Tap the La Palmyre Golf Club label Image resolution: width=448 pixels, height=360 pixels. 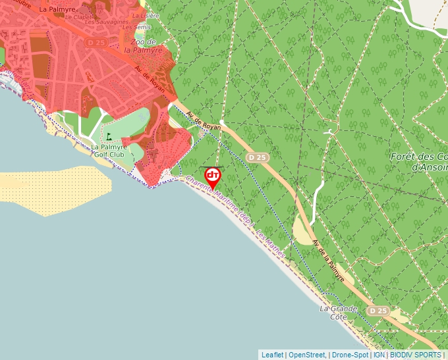point(108,151)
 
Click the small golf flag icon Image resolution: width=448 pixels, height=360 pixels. point(109,136)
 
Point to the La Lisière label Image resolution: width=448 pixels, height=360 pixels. point(146,14)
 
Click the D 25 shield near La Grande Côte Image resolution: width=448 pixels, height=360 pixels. point(378,310)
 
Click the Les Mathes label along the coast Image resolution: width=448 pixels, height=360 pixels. point(271,244)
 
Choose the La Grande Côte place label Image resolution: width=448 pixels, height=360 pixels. point(338,313)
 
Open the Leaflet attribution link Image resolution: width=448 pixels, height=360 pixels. point(272,355)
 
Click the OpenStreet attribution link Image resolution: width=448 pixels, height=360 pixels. point(307,355)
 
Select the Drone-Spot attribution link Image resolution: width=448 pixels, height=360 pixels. point(350,355)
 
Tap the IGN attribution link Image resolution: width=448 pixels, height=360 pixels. point(379,355)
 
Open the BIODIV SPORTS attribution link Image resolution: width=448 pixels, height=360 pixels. point(416,355)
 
